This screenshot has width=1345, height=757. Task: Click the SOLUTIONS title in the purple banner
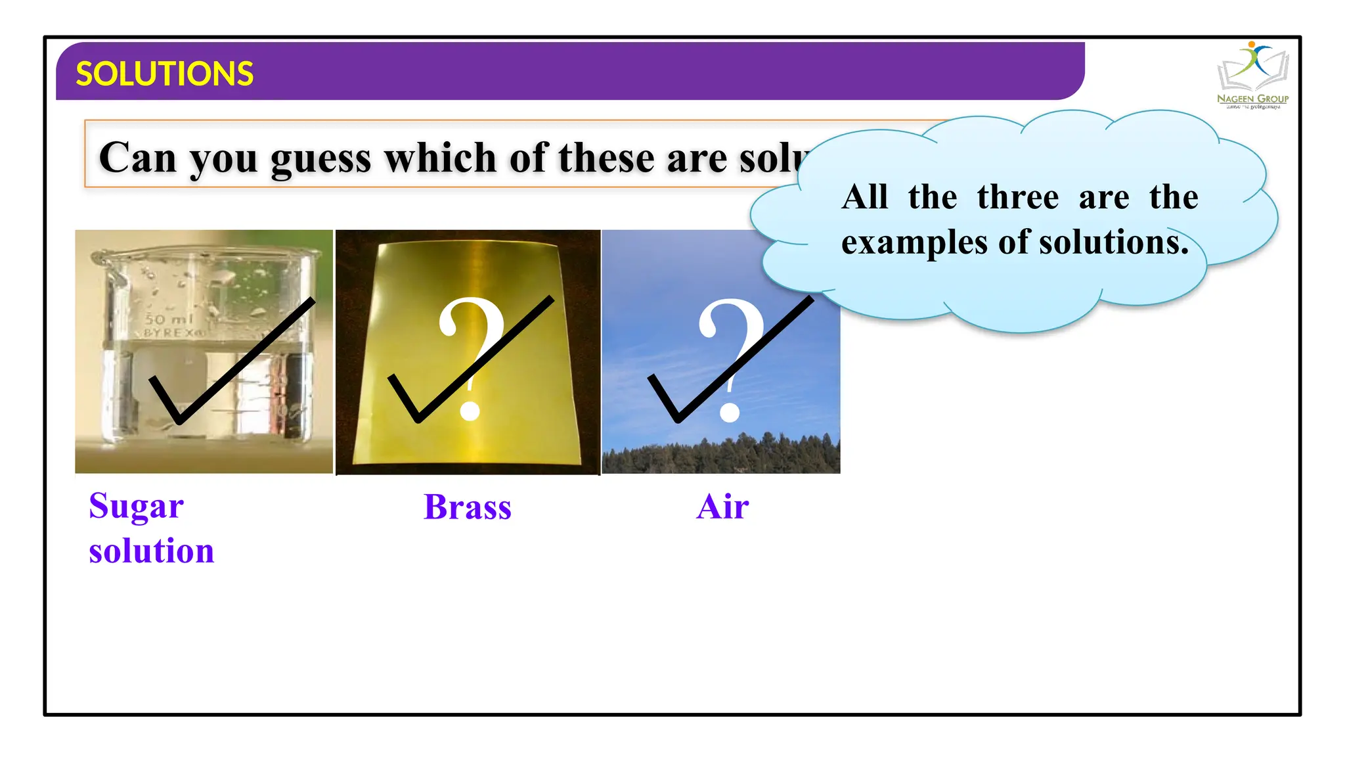(x=164, y=74)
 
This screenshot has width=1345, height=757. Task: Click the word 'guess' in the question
(x=320, y=159)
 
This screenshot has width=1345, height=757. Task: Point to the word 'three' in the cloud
(x=1017, y=197)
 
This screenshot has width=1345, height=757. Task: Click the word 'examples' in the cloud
(x=914, y=243)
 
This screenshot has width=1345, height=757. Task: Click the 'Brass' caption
(x=467, y=507)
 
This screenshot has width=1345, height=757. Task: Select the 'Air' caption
(x=722, y=507)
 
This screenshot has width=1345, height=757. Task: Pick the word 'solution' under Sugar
(x=152, y=551)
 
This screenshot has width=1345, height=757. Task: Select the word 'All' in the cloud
(x=865, y=197)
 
